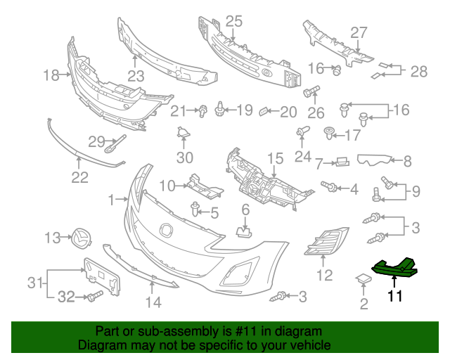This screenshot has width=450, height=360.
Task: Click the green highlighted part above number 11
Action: coord(394,268)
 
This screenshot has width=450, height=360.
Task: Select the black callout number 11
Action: coord(395,296)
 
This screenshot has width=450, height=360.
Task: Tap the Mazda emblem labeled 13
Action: coord(82,238)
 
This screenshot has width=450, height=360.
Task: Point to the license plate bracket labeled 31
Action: coord(101,276)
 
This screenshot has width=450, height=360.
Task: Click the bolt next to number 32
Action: coord(95,296)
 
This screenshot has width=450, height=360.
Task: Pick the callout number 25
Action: coord(234,22)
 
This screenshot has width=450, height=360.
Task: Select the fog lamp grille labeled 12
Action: coord(326,240)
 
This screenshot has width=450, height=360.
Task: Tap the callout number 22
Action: coord(79,177)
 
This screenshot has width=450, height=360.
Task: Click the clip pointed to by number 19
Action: coord(219,109)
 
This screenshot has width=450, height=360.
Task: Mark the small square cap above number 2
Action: coord(364,278)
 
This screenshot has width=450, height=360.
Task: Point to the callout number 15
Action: coord(275,158)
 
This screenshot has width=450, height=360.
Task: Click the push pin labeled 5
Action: coord(195,209)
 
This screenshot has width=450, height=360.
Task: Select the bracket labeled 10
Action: coord(205,186)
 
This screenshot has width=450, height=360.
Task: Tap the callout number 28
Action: coord(419,71)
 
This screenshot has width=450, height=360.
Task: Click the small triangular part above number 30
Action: coord(183,132)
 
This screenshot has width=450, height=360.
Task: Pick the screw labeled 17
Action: coord(329,134)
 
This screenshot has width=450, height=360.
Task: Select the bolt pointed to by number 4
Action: coord(329,186)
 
